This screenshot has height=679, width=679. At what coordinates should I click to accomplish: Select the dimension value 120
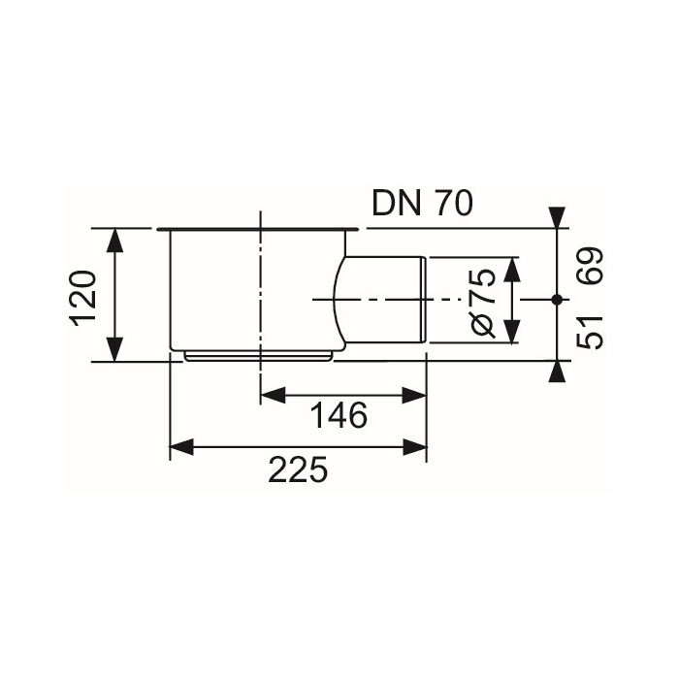[x=84, y=295]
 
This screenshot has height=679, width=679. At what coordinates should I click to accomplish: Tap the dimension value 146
[x=339, y=417]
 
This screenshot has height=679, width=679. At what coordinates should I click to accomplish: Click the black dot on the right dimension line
[x=556, y=300]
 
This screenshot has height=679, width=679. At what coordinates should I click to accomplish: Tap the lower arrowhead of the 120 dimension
[x=115, y=350]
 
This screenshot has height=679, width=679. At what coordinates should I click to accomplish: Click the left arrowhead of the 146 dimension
[x=273, y=395]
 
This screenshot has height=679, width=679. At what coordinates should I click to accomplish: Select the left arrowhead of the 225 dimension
[x=181, y=447]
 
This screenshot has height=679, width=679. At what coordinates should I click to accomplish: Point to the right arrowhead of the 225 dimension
[x=416, y=447]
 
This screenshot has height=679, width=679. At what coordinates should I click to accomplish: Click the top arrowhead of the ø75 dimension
[x=511, y=267]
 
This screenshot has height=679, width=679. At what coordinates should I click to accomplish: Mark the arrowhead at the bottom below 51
[x=556, y=372]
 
